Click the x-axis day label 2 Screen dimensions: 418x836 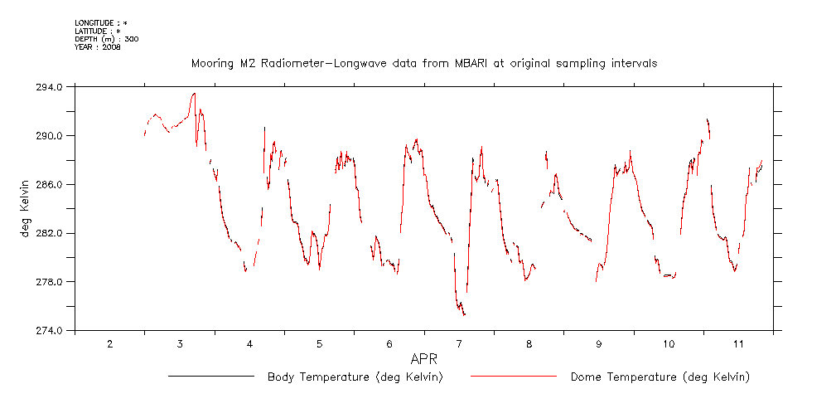(110, 343)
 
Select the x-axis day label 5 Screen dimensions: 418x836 (320, 343)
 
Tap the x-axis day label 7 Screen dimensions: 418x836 (459, 343)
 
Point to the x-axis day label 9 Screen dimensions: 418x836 (599, 343)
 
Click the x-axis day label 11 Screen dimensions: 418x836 (738, 343)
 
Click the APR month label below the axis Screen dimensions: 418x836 (423, 359)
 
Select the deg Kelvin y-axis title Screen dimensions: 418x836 (27, 208)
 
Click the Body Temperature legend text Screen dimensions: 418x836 (355, 377)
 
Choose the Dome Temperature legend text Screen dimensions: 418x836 (660, 377)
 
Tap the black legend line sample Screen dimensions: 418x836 (210, 377)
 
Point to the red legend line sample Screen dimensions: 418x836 (514, 377)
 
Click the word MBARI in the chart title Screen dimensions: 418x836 (456, 63)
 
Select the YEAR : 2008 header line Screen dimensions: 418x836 (98, 48)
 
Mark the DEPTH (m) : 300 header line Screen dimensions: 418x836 (107, 39)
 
